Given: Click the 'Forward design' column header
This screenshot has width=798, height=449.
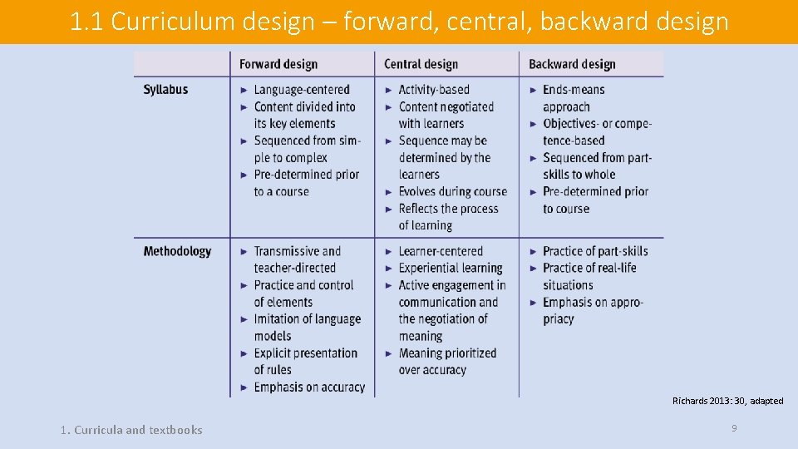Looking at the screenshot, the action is click(278, 64).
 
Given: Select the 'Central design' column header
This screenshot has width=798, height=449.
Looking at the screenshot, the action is click(421, 64).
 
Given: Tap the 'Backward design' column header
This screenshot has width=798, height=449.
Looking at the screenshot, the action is click(572, 64).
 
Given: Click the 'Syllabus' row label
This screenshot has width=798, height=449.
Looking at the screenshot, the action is click(165, 90).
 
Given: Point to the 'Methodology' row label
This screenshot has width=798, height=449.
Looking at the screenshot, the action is click(177, 251).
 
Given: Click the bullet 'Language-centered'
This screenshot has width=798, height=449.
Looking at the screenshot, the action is click(302, 90).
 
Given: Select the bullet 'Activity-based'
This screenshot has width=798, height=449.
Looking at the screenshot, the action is click(434, 90).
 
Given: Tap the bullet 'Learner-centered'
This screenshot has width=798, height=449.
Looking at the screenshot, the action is click(441, 251).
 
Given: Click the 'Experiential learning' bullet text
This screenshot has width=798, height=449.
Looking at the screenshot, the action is click(451, 268).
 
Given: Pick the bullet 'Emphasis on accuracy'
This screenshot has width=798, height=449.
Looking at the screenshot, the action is click(309, 387).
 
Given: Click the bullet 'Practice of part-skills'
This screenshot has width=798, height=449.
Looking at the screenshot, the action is click(595, 251).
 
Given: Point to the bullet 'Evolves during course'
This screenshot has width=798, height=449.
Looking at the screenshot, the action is click(452, 191).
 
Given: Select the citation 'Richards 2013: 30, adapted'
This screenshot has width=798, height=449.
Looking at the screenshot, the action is click(727, 401).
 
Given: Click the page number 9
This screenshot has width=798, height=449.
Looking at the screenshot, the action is click(734, 428).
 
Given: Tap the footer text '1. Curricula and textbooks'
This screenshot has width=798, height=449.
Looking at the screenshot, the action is click(131, 430).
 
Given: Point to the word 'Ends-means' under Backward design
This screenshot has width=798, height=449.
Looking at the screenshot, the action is click(574, 90).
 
